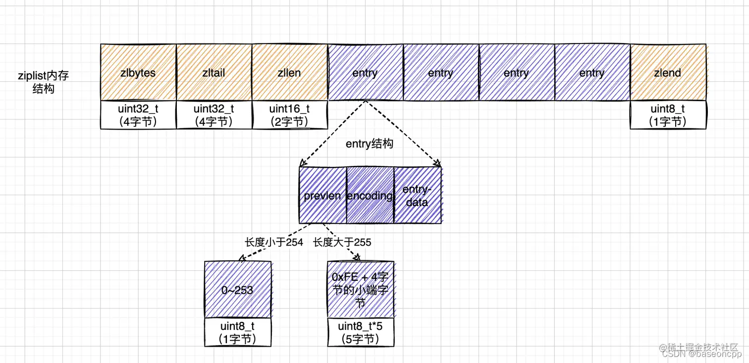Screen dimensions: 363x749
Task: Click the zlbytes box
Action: tap(138, 73)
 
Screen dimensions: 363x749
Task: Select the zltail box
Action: tap(214, 73)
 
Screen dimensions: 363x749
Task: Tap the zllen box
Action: tap(290, 73)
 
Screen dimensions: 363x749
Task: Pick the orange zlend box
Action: tap(668, 73)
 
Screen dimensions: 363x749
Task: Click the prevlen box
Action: tap(322, 195)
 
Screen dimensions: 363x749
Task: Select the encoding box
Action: tap(370, 195)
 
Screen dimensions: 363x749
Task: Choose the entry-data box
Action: tap(417, 195)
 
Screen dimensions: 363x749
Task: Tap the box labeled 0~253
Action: tap(238, 290)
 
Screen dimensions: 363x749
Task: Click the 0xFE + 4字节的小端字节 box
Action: tap(361, 290)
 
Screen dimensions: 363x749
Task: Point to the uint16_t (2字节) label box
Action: tap(290, 115)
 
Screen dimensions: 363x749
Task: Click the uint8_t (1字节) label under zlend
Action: tap(668, 115)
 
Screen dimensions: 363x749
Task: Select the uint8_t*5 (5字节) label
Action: tap(361, 332)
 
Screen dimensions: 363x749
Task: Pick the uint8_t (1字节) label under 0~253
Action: tap(238, 332)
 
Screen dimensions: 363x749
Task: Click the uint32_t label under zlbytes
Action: tap(138, 115)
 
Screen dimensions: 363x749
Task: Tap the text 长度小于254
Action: tap(274, 242)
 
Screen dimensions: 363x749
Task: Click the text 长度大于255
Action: tap(342, 242)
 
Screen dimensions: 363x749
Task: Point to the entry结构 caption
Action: tap(370, 144)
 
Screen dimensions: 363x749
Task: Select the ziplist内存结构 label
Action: tap(43, 82)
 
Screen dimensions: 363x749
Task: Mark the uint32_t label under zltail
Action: tap(214, 115)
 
